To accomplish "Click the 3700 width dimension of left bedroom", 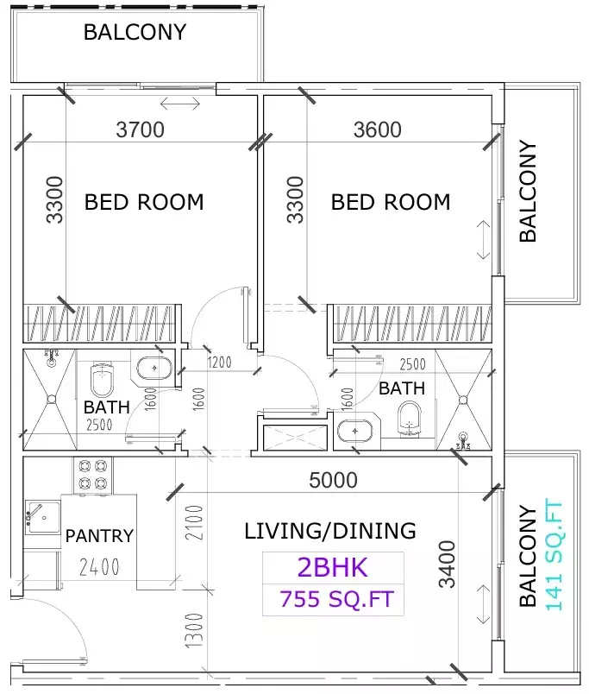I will (140, 130).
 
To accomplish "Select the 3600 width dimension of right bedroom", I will (378, 129).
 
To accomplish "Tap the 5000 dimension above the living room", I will (333, 480).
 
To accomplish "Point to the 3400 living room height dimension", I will (447, 564).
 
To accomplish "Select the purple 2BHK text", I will (332, 568).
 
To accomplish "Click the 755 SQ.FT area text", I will (336, 598).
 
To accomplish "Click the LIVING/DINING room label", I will (330, 531).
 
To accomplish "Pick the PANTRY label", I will (99, 536).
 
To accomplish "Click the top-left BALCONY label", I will (135, 33).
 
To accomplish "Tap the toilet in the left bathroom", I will (103, 376).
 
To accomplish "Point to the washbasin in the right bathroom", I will (354, 431).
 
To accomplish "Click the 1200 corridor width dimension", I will (218, 363).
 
